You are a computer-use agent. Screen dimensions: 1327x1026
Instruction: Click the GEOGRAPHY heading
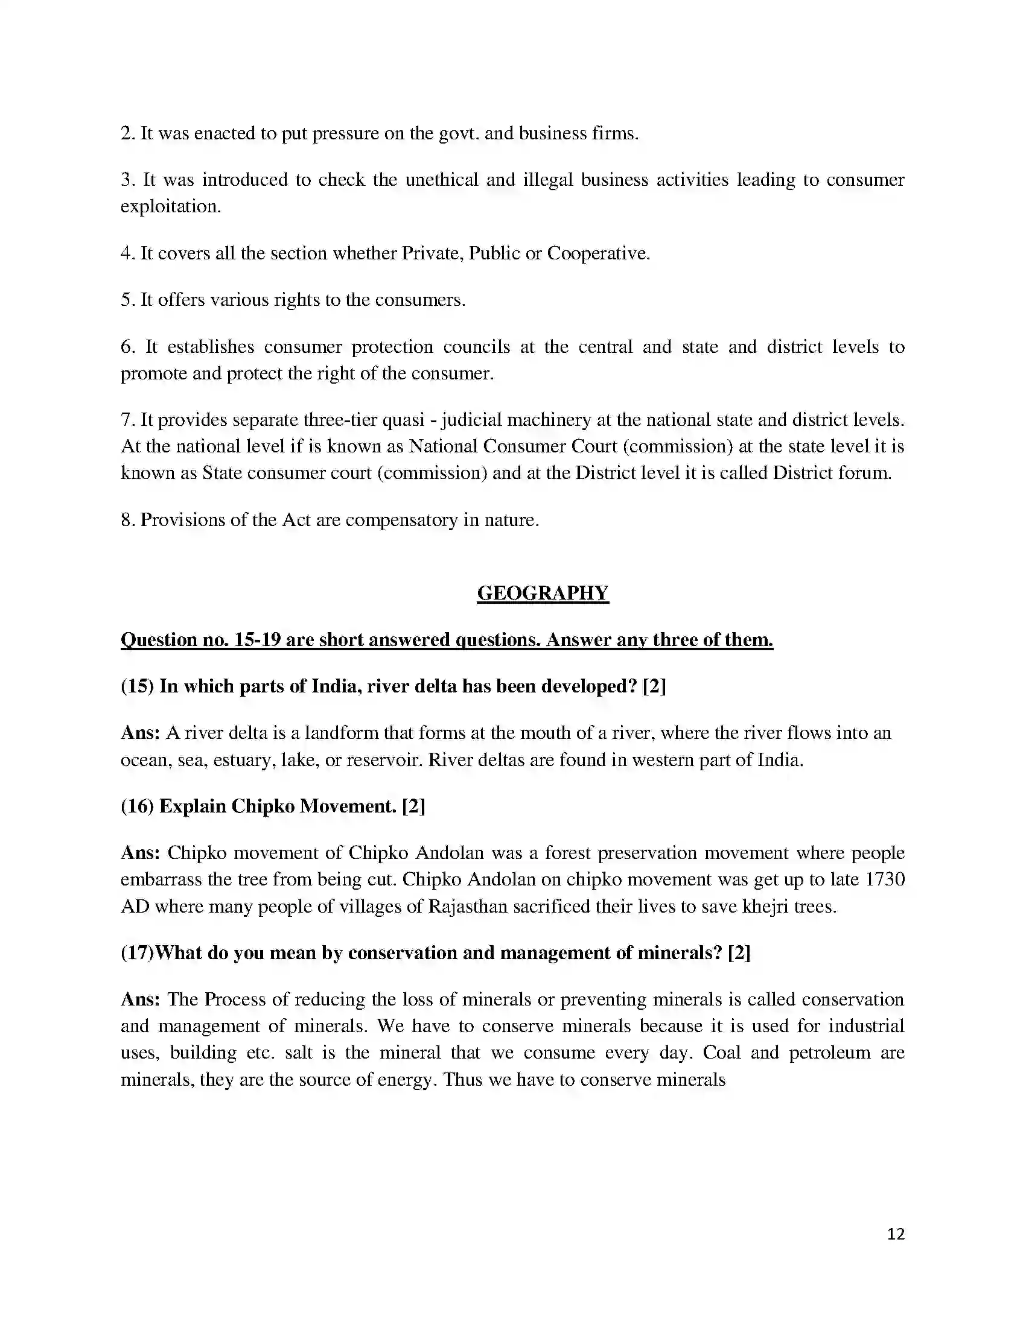542,593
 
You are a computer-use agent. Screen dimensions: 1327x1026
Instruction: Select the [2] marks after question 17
739,952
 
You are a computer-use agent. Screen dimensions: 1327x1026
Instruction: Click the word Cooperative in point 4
598,253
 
